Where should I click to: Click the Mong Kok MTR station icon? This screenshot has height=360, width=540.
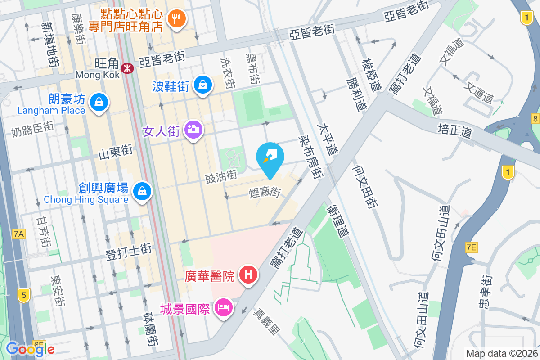coord(129,68)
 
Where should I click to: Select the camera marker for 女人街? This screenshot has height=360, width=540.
coord(193,130)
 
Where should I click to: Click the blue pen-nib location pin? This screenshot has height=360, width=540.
coord(270,156)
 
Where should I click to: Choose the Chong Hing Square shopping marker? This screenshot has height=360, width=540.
coord(143,191)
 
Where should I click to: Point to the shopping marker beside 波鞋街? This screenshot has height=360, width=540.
coord(203,84)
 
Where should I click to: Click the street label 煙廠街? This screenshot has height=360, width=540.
coord(265,193)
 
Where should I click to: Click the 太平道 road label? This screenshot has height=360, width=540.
coord(327,139)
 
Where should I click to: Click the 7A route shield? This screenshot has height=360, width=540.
coord(19,234)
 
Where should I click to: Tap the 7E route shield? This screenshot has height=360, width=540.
coord(471,247)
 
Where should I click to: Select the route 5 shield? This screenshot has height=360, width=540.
coord(23,295)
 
